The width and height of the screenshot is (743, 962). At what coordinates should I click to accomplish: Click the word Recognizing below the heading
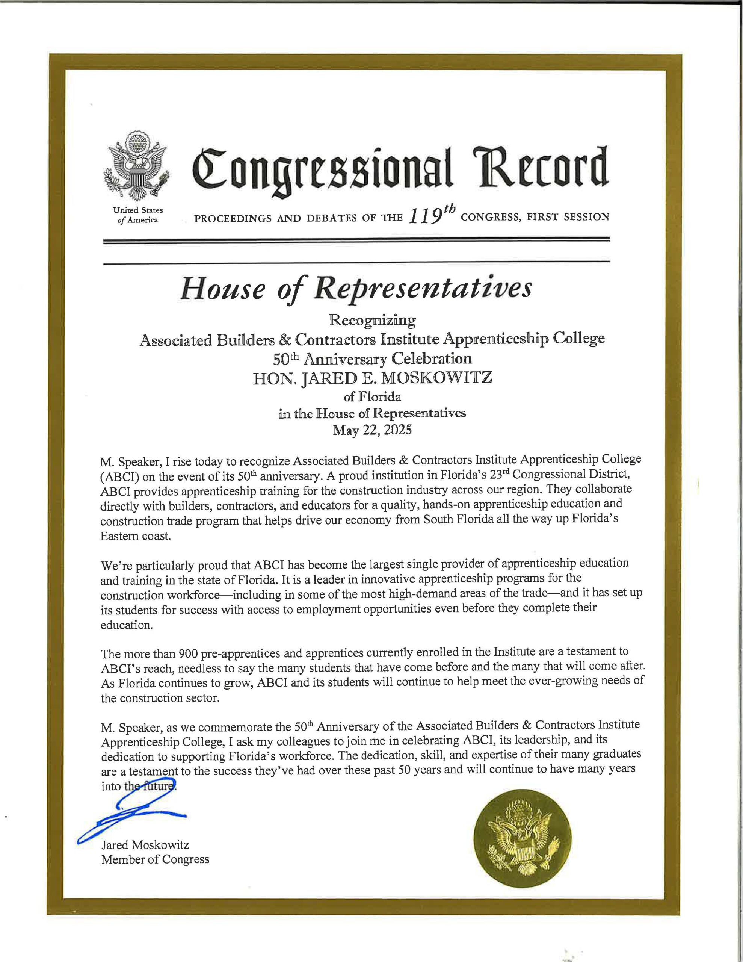coord(372,321)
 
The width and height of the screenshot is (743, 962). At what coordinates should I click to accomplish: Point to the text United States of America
coord(138,215)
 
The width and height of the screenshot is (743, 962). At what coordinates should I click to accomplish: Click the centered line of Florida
coord(372,397)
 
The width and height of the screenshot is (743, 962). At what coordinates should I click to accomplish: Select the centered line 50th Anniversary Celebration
coord(372,359)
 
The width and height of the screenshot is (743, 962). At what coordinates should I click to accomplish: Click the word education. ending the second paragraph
coord(127,625)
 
